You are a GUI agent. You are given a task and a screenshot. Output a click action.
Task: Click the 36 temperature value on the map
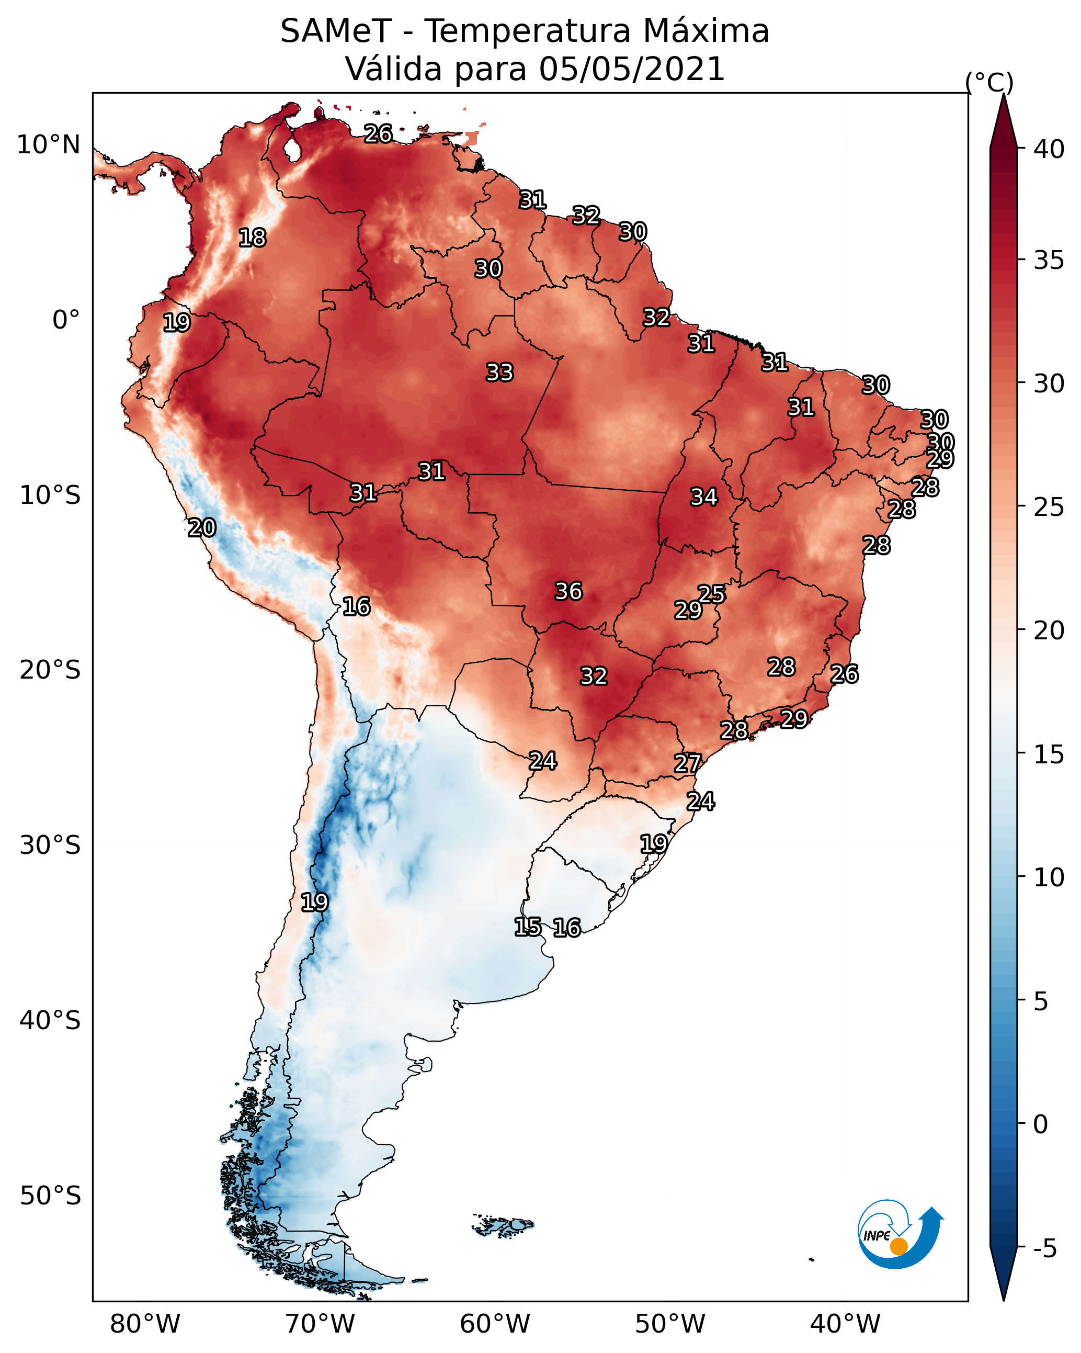point(569,591)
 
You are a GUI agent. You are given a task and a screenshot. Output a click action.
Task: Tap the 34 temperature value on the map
point(704,497)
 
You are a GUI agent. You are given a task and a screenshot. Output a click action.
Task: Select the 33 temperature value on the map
point(500,373)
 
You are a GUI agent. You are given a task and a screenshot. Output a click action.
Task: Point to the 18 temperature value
point(253,238)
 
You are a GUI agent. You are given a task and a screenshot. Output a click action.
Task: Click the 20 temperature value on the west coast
point(202,528)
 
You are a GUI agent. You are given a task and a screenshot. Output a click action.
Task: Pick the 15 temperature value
point(528,927)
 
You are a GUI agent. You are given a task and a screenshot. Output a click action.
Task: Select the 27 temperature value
point(688,764)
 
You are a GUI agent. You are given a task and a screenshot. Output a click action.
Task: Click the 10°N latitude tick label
point(48,145)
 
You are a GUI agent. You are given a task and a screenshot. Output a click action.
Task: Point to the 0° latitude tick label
point(66,320)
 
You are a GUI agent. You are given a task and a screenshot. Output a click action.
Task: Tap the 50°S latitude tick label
point(50,1196)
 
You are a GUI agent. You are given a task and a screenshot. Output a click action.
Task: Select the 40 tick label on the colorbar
point(1049,149)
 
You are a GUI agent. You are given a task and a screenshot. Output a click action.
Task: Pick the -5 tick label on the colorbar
point(1044,1249)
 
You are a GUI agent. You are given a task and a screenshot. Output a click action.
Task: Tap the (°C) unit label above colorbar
point(989,83)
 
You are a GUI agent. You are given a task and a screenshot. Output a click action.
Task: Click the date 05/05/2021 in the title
point(632,69)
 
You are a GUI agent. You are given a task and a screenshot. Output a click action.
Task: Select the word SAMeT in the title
point(336,31)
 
